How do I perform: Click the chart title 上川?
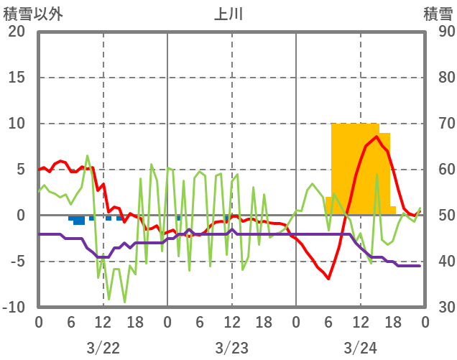click(229, 14)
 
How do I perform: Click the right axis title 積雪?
click(437, 14)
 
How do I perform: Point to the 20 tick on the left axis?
click(16, 32)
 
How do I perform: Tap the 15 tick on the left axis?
click(16, 78)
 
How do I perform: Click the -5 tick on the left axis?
click(17, 262)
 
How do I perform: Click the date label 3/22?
click(103, 348)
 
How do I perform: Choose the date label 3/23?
click(231, 348)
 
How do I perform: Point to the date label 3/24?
click(360, 348)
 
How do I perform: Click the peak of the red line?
click(377, 137)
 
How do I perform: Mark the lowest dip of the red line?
click(329, 278)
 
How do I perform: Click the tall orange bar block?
click(355, 169)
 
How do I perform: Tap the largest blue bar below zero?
click(79, 220)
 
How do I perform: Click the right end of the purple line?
click(420, 266)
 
